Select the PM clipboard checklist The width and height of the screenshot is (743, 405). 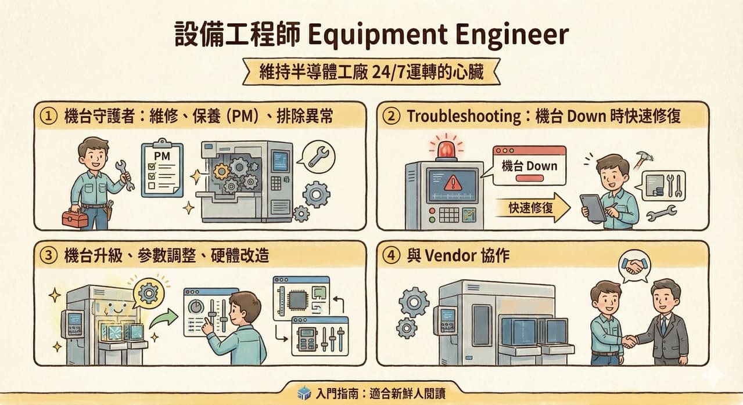[162, 169]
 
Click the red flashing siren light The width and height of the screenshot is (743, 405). [446, 149]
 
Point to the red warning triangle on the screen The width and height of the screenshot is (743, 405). [452, 183]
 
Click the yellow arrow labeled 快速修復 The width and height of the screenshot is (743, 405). [533, 208]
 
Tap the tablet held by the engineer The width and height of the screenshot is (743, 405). [593, 208]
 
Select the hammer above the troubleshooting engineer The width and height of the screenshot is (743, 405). [643, 160]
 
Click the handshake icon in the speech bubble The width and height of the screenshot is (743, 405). [634, 266]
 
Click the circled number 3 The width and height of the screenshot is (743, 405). [48, 255]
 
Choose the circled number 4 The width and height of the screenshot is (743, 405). [392, 255]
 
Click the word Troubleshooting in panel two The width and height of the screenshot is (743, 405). [464, 117]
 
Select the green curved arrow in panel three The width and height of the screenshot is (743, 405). [164, 319]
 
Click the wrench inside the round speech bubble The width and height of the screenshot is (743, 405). [318, 157]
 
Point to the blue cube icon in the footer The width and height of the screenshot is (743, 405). [304, 393]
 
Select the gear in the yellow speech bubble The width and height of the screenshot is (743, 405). [149, 293]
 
